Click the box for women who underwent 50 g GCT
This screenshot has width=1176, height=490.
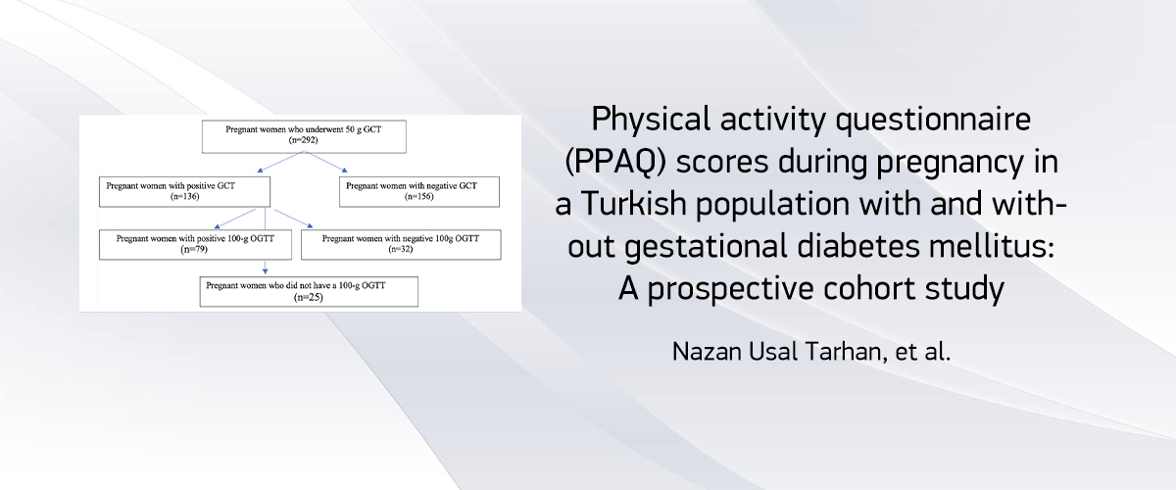[304, 137]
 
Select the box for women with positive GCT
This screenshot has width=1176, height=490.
[185, 192]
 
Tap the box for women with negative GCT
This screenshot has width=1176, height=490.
[419, 192]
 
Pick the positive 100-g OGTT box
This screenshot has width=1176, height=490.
[195, 245]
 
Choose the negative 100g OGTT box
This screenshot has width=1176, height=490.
[401, 245]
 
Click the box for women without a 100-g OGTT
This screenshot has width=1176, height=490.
[309, 291]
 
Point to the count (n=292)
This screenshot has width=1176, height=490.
[304, 140]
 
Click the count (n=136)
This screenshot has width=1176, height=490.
[185, 196]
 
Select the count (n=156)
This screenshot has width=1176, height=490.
[419, 196]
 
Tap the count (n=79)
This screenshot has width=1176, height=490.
[194, 249]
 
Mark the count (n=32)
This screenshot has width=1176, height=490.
[401, 249]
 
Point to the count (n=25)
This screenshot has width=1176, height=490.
[309, 297]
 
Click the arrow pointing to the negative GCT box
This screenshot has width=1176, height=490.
[325, 162]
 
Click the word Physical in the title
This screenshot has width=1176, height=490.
[651, 120]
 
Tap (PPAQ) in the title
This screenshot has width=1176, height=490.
[615, 162]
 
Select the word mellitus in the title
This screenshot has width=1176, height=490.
[991, 246]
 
